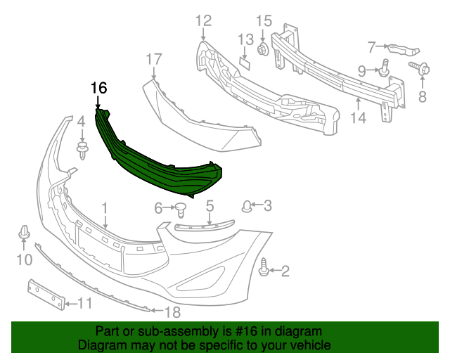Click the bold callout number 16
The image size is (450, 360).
click(x=98, y=88)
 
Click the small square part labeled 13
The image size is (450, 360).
click(x=245, y=62)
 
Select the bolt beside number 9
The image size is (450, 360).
click(x=385, y=69)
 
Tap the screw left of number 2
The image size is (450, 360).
click(x=265, y=268)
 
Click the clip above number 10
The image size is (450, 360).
click(x=24, y=233)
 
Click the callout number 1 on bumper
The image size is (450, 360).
click(x=105, y=208)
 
